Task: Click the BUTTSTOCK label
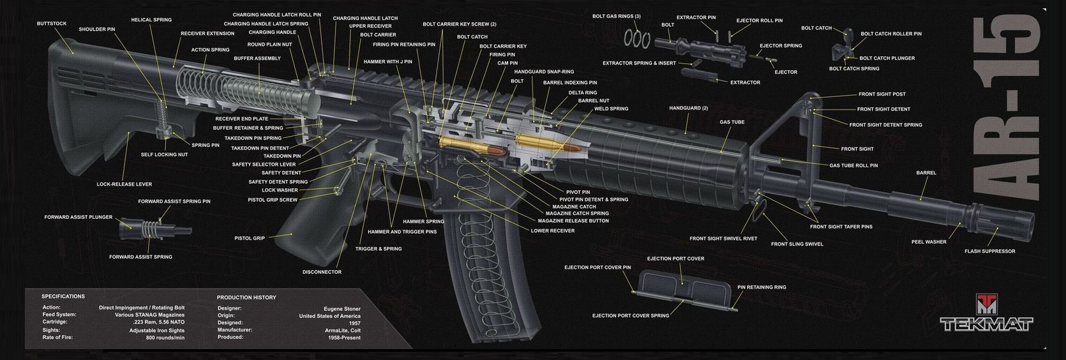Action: tap(52, 24)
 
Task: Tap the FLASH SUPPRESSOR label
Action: tap(990, 251)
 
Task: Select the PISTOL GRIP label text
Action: tap(250, 238)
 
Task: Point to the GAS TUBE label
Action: tap(732, 122)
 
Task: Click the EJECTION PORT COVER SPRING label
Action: tap(631, 315)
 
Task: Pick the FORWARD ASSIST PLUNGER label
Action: tap(79, 217)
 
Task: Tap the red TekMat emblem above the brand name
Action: tap(986, 304)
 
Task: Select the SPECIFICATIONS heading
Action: tap(63, 296)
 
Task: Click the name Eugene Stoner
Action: tap(342, 309)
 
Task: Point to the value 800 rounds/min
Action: tap(165, 338)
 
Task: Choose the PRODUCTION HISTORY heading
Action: tap(246, 297)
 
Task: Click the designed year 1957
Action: tap(354, 323)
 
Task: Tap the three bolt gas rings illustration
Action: tap(637, 38)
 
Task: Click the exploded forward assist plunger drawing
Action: tap(155, 230)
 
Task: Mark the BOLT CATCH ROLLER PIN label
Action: tap(891, 34)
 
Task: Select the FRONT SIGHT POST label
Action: tap(882, 94)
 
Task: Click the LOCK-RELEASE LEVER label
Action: tap(124, 184)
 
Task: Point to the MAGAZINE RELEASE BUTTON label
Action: tap(573, 221)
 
